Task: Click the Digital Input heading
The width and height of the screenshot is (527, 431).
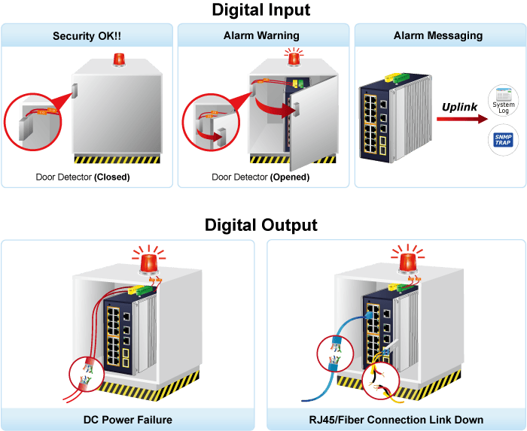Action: coord(261,10)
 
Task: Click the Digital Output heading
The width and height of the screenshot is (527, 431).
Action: coord(261,225)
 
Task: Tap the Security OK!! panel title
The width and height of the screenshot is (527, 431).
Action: coord(87,36)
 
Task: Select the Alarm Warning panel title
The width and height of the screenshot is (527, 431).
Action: coord(261,35)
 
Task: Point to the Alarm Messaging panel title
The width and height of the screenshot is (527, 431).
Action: coord(438,35)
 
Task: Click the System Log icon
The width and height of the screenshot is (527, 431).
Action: coord(504,100)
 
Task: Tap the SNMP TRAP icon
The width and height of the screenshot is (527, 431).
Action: coord(504,140)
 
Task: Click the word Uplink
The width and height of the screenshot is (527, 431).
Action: coord(459,107)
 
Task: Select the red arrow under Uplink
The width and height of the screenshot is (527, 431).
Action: coord(462,119)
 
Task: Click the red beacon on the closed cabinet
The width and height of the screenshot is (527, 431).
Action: coord(119,59)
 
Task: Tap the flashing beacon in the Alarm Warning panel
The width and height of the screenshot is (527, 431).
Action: coord(294,57)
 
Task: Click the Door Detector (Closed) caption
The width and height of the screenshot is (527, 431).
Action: coord(83,177)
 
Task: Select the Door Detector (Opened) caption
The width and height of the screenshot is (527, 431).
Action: coord(260,177)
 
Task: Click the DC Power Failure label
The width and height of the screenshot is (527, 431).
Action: coord(128,420)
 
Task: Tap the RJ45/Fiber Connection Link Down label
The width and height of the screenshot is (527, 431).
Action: coord(396,420)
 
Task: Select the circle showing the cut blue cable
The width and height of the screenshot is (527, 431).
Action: coord(336,354)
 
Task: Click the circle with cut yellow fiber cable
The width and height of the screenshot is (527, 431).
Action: coord(381,381)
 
